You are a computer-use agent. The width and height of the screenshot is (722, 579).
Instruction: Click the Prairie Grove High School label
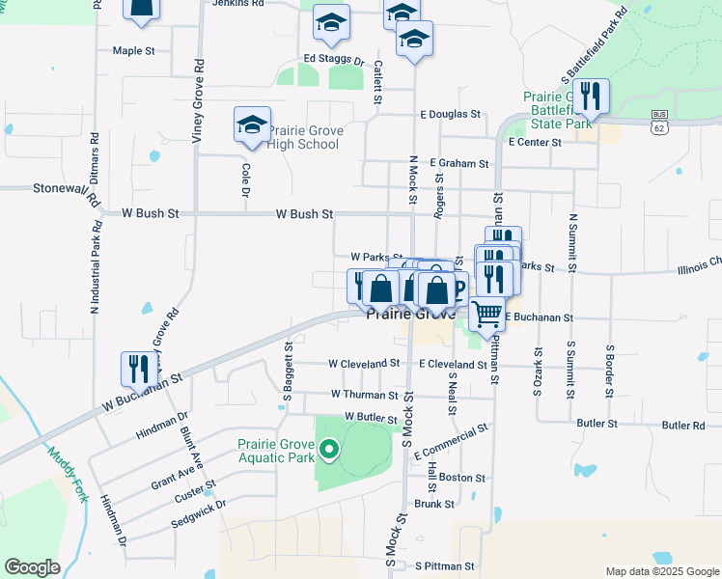tap(303, 138)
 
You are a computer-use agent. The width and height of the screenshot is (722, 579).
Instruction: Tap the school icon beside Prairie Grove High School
tap(252, 125)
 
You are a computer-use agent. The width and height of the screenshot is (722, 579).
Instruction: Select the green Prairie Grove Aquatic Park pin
tap(329, 449)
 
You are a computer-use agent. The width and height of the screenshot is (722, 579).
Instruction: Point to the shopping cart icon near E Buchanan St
tap(486, 313)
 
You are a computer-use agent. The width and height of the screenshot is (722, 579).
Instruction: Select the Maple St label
tap(133, 51)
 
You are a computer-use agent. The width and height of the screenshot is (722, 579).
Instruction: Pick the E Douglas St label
tap(450, 114)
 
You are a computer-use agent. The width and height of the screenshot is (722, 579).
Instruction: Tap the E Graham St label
tap(459, 164)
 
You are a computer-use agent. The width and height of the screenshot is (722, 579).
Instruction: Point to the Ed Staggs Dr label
tap(334, 60)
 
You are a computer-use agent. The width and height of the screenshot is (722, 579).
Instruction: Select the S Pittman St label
tap(445, 566)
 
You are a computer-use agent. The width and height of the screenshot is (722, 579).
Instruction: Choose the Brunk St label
tap(434, 504)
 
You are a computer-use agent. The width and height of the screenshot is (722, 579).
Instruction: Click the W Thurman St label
tap(364, 395)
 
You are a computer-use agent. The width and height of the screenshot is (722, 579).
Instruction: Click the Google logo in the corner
tap(32, 567)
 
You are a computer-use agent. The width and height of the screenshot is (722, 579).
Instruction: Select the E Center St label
tap(535, 142)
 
